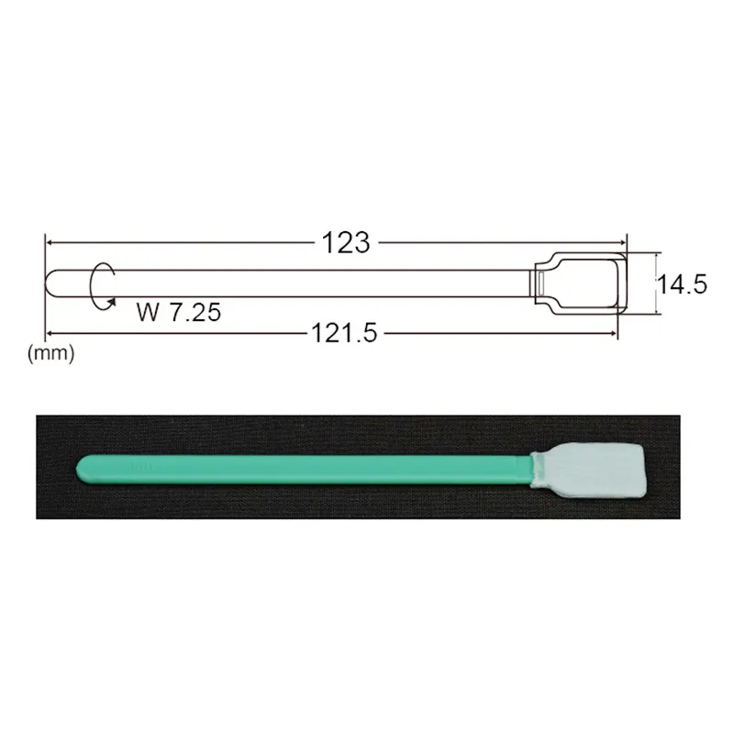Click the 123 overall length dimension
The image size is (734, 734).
[x=346, y=243]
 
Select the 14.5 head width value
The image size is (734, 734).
[x=680, y=284]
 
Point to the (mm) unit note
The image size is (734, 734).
[x=51, y=351]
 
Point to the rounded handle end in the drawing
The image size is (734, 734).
[x=52, y=284]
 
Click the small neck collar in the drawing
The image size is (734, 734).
[x=542, y=284]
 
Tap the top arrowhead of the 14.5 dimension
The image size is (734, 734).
[x=658, y=258]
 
